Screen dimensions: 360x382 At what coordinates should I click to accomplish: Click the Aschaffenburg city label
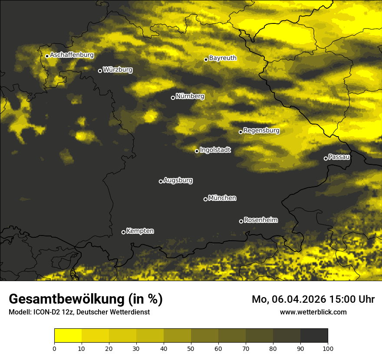pos(72,55)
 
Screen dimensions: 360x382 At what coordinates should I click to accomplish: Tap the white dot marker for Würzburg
pos(100,71)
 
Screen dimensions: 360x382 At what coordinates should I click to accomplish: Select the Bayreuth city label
pos(223,58)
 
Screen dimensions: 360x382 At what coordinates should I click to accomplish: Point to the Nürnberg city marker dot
pos(173,98)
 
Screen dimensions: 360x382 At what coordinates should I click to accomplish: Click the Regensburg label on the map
pos(261,131)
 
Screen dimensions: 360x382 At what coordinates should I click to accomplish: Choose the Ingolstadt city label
pos(215,150)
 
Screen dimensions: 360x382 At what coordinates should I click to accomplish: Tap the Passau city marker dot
pos(326,158)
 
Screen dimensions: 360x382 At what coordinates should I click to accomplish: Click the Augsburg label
pos(178,180)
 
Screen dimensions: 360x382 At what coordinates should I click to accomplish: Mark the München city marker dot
pos(205,199)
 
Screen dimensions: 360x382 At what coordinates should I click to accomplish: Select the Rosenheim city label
pos(260,220)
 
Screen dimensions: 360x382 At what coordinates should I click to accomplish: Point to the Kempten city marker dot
pos(123,232)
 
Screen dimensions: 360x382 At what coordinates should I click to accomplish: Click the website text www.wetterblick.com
pos(313,312)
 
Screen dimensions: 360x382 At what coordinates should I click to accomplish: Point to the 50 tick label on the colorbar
pos(191,348)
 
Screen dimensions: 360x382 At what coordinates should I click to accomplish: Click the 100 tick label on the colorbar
pos(328,348)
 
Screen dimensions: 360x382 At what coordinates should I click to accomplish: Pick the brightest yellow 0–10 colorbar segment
pos(68,336)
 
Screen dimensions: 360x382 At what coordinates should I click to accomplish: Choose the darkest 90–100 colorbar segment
pos(314,336)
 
